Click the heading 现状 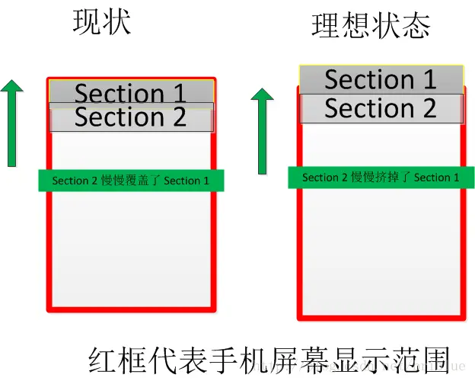[102, 23]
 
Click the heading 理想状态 [371, 25]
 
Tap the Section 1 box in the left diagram [130, 91]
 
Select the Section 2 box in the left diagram [130, 118]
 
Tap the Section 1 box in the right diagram [381, 79]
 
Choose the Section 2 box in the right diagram [381, 109]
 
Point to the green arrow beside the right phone [262, 130]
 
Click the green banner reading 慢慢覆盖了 [131, 181]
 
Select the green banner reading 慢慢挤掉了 [381, 178]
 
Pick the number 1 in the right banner [456, 178]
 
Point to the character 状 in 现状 [116, 23]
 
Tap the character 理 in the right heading [325, 25]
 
